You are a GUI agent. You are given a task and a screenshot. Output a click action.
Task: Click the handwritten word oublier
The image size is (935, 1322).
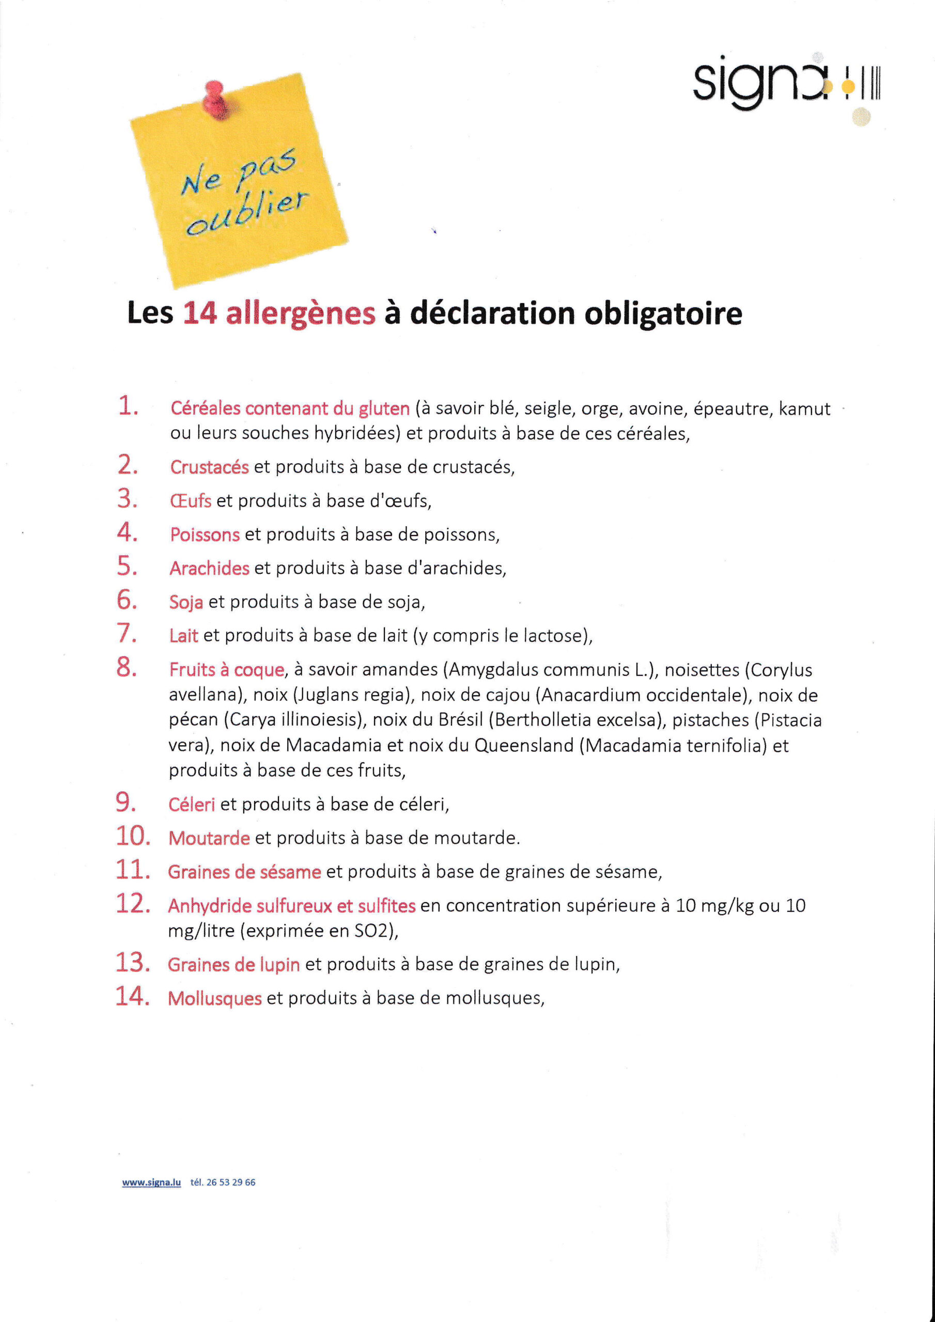click(x=248, y=212)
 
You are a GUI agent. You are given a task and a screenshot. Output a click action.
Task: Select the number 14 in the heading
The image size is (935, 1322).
click(x=200, y=314)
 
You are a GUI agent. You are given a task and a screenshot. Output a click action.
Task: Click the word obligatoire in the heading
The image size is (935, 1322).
click(x=663, y=314)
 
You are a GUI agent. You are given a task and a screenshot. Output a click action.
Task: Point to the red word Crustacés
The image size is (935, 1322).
click(x=209, y=467)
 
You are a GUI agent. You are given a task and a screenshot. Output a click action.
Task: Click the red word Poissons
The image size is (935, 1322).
click(x=205, y=535)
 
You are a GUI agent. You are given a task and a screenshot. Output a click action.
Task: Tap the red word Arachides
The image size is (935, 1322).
click(x=209, y=568)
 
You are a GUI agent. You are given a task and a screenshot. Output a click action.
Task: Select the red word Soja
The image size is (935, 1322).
click(x=185, y=602)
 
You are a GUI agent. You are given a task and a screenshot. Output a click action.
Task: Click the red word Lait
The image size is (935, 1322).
click(x=183, y=636)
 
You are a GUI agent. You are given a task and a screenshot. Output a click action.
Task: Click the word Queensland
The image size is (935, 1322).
click(x=524, y=746)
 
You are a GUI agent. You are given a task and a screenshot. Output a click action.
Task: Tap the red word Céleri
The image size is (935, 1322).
click(x=191, y=805)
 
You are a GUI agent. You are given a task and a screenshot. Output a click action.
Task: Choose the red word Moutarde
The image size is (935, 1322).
click(x=209, y=838)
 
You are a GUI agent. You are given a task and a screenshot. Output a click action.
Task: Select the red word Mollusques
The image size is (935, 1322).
click(x=214, y=998)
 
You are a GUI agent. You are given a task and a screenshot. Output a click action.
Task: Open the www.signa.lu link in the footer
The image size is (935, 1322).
click(x=151, y=1182)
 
